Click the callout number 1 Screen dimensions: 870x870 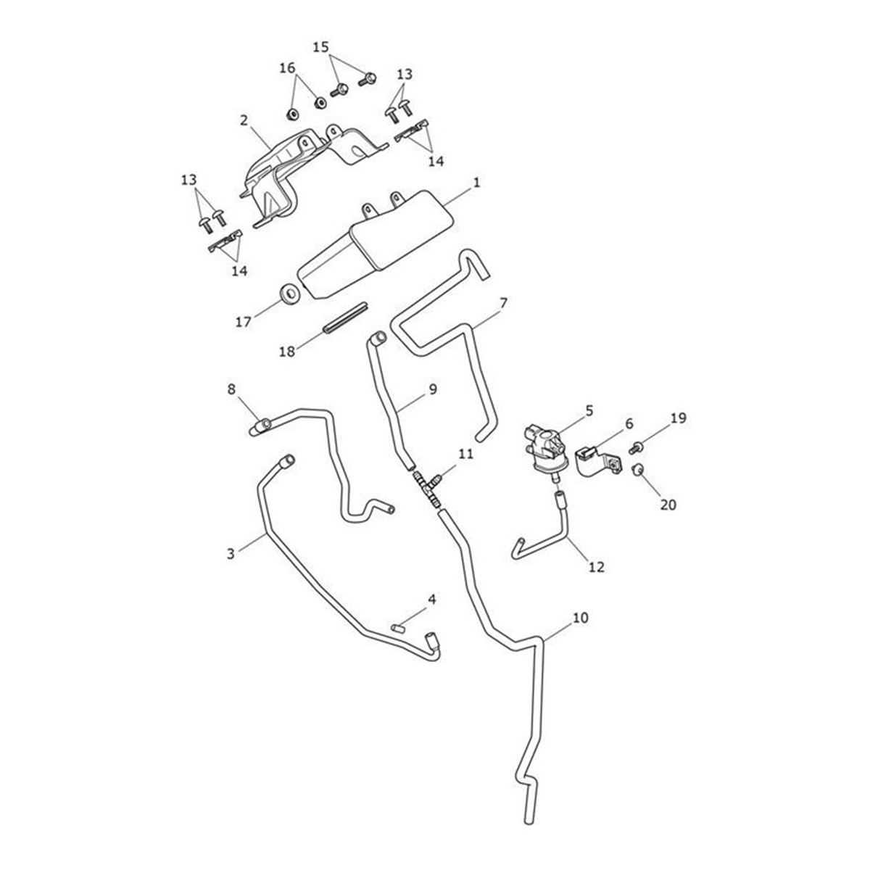click(x=476, y=184)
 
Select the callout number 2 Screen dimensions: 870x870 click(x=244, y=118)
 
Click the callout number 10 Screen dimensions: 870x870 click(x=581, y=618)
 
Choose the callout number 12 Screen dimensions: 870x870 click(x=596, y=568)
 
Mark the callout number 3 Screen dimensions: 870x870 click(x=231, y=554)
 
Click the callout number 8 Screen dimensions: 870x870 click(x=232, y=389)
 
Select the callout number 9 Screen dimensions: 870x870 click(x=432, y=389)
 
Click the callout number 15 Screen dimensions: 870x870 click(x=320, y=47)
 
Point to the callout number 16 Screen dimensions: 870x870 click(x=288, y=68)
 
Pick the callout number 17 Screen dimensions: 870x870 click(x=244, y=321)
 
